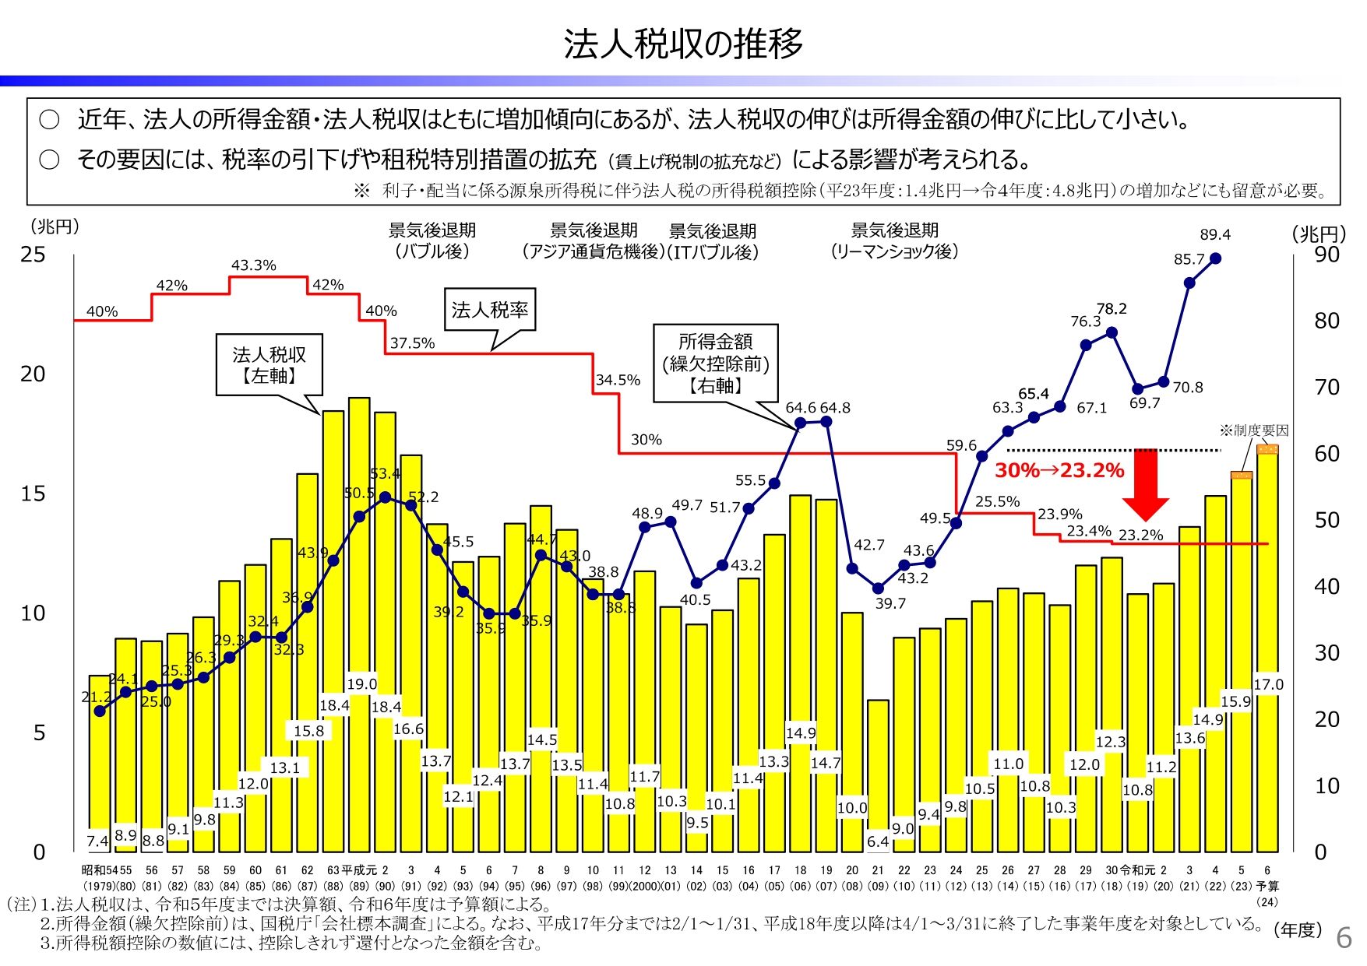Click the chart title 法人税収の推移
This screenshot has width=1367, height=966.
click(683, 44)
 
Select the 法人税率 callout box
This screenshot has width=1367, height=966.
click(489, 310)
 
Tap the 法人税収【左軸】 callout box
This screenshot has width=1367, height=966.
click(269, 365)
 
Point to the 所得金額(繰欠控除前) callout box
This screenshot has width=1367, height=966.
click(715, 363)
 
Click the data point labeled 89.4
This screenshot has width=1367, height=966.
click(1215, 258)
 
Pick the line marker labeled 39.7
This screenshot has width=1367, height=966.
click(878, 588)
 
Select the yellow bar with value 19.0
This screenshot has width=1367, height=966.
click(359, 623)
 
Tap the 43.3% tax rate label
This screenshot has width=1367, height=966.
click(253, 265)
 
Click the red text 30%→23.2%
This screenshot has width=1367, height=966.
click(1059, 470)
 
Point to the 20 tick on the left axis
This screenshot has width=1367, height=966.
click(33, 374)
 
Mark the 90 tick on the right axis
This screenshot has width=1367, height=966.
click(1326, 255)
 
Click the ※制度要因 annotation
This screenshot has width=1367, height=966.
click(1254, 430)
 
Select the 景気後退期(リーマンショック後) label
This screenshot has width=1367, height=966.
click(894, 241)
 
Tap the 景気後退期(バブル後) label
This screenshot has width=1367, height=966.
click(432, 241)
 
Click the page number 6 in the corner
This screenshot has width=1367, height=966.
click(1344, 938)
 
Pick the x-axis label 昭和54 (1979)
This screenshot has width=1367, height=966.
click(100, 877)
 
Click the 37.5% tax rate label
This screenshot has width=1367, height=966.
click(412, 343)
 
